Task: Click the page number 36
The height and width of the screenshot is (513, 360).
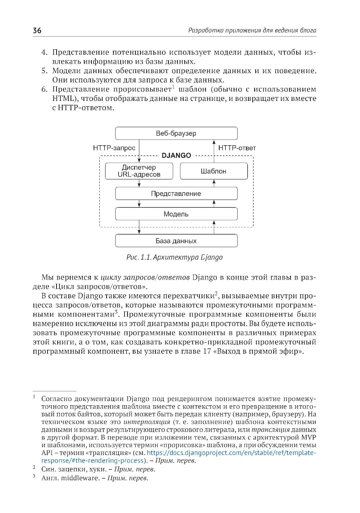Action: pyautogui.click(x=37, y=31)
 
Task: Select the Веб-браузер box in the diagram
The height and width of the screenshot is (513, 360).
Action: pyautogui.click(x=176, y=133)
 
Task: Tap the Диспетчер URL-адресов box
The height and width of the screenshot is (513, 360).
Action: pyautogui.click(x=139, y=171)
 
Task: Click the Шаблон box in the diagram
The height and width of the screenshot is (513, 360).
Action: pyautogui.click(x=213, y=171)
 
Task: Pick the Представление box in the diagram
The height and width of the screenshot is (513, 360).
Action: pyautogui.click(x=176, y=193)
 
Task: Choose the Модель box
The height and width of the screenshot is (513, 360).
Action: pyautogui.click(x=176, y=214)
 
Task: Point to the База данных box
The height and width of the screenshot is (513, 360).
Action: pyautogui.click(x=176, y=241)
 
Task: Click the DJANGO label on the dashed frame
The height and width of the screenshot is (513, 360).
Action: pyautogui.click(x=176, y=156)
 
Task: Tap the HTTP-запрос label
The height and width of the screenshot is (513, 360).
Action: pyautogui.click(x=114, y=148)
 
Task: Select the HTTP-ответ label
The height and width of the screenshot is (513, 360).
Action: pyautogui.click(x=237, y=148)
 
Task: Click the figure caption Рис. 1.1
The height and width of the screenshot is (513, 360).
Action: pyautogui.click(x=175, y=257)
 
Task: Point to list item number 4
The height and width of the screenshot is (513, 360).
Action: pyautogui.click(x=44, y=53)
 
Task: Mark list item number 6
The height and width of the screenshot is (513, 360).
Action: pyautogui.click(x=44, y=89)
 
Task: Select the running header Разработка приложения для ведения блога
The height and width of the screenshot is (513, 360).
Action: pyautogui.click(x=252, y=31)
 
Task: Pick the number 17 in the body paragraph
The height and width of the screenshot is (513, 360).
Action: pyautogui.click(x=207, y=351)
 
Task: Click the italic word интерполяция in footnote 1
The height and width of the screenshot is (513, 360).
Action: pyautogui.click(x=147, y=422)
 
